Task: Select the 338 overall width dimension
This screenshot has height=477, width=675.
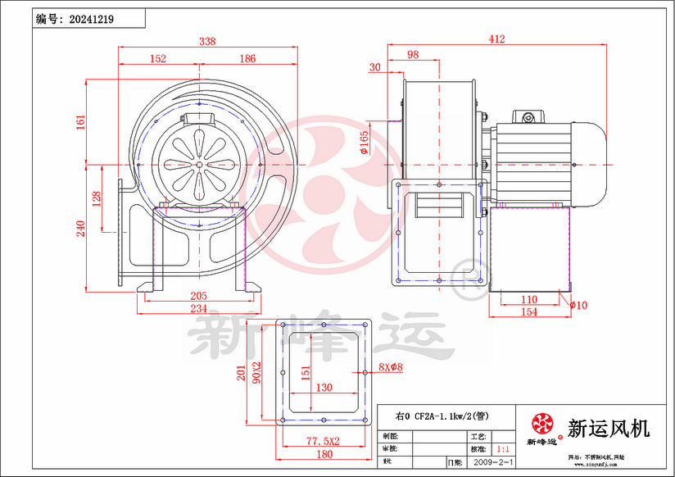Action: coord(208,41)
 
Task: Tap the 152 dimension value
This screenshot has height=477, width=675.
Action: coord(158,58)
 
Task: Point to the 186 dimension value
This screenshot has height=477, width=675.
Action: coord(247,58)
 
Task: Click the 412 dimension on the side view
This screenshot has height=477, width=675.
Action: coord(496,39)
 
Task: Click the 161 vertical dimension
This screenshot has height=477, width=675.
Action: coord(80,121)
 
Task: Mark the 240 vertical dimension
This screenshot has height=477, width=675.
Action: coord(80,228)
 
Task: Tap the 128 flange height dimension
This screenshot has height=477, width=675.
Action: coord(97,198)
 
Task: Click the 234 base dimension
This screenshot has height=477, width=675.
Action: coord(198,308)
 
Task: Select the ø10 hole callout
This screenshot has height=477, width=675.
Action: coord(579,305)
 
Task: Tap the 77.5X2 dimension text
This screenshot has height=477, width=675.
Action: coord(324,441)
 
